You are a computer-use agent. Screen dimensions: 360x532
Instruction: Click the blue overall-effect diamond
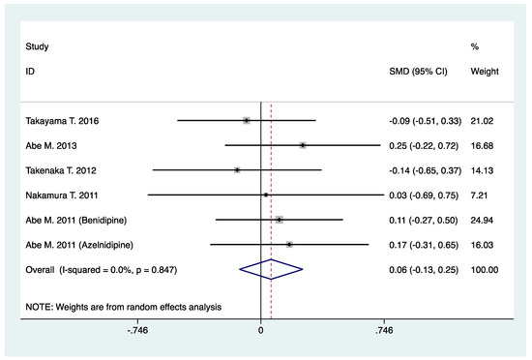272,269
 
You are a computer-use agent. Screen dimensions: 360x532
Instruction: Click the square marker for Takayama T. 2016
247,120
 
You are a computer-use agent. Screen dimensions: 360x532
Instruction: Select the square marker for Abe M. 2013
303,145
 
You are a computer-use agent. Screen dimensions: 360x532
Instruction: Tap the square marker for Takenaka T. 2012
237,169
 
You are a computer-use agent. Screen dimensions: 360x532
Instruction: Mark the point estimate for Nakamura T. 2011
266,195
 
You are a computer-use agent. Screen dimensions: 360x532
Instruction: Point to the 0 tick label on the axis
261,331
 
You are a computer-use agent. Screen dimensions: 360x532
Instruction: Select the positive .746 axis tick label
383,331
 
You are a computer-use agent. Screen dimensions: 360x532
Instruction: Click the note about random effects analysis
124,306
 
